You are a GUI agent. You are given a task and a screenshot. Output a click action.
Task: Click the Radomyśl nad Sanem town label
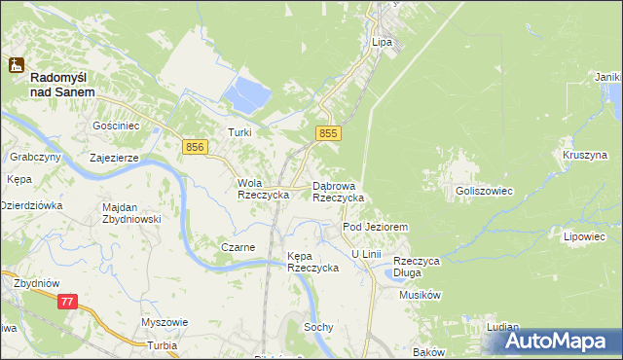62,84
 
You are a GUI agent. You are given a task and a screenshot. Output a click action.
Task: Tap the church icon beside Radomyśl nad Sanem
16,65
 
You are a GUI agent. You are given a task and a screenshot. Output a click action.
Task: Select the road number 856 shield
195,146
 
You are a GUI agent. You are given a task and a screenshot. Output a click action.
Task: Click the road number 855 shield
328,132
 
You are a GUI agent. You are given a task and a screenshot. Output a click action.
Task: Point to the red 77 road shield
66,303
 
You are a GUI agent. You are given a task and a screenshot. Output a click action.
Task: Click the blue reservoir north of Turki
247,95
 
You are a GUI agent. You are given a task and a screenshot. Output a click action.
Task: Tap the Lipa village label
382,43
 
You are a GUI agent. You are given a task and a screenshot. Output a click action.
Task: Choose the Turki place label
239,132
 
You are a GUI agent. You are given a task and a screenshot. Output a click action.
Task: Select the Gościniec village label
117,126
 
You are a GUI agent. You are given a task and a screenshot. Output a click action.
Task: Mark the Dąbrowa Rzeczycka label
338,191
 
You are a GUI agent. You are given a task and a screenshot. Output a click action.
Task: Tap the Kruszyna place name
584,155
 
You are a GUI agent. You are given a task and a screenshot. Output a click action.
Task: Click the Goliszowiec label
484,192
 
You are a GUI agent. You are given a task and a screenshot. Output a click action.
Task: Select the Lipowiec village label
584,236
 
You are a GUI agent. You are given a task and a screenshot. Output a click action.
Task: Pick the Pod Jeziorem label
375,227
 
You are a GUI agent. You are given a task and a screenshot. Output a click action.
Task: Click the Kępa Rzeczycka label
311,262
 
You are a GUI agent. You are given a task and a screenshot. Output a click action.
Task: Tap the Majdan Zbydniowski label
130,213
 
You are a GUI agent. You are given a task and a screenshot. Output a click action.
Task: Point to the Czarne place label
238,247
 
